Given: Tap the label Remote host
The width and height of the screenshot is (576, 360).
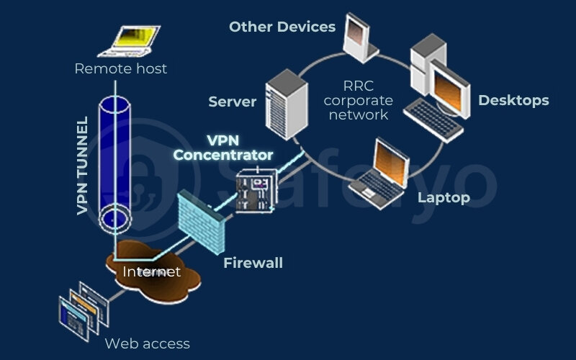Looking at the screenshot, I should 121,69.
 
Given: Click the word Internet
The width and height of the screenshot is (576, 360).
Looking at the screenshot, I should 151,271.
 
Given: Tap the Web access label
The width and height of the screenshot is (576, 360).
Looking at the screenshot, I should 147,343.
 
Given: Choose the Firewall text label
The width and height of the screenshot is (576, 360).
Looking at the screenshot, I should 253,263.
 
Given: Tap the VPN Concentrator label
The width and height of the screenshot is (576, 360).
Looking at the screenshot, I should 223,148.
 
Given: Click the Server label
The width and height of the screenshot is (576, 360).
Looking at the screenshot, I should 232,102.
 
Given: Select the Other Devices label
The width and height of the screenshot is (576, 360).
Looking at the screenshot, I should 282,27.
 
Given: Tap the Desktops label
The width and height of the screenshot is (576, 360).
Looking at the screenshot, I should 513,100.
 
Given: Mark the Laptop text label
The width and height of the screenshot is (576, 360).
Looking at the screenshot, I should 444,197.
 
